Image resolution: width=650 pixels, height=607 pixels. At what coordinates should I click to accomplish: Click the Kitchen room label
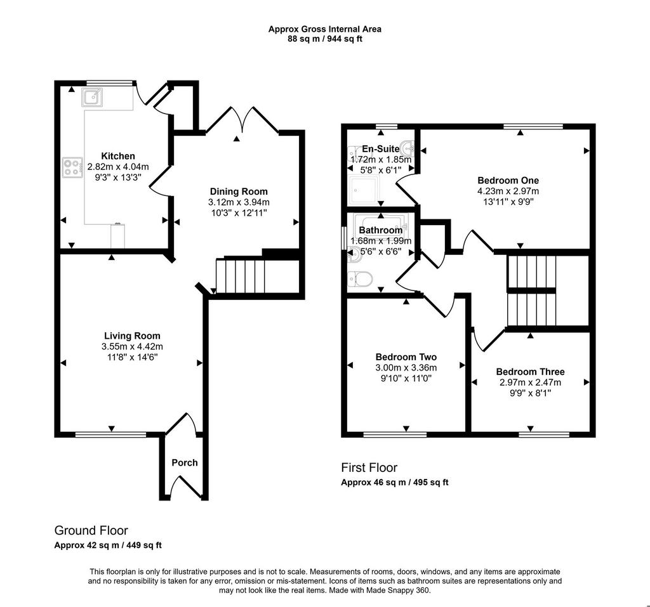tap(118, 156)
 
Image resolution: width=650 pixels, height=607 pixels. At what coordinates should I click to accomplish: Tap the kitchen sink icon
tap(92, 98)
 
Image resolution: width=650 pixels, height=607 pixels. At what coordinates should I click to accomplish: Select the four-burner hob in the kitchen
tap(72, 167)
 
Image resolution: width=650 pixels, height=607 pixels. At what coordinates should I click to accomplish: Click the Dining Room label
tap(239, 192)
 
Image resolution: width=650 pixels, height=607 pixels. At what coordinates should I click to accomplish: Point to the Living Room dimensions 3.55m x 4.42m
tap(132, 346)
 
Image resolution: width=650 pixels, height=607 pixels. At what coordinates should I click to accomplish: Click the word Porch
tap(185, 462)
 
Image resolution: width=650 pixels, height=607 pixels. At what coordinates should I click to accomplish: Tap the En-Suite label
tap(381, 149)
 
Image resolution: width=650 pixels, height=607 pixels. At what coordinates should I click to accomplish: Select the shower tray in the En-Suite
tap(364, 190)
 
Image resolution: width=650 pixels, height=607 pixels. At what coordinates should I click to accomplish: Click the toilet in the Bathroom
tap(360, 278)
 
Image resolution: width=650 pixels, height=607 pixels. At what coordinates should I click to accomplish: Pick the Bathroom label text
tap(381, 230)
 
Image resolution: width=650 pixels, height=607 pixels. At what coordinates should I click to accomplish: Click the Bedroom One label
tap(508, 180)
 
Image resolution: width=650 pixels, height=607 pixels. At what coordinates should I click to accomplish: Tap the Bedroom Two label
tap(406, 356)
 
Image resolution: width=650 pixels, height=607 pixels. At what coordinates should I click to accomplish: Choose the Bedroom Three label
tap(530, 372)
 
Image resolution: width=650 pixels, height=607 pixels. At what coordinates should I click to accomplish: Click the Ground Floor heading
tap(91, 530)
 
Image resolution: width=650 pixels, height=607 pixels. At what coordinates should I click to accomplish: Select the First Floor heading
tap(369, 468)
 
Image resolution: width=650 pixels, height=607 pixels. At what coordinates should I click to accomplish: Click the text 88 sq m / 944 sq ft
tap(325, 39)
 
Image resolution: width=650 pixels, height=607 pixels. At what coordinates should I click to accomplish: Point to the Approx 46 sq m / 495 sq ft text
tap(395, 482)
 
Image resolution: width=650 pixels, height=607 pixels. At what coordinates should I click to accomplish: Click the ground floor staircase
tap(241, 275)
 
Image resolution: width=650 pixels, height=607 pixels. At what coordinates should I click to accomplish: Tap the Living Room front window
tap(110, 434)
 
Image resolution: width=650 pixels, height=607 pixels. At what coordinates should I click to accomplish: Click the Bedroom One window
tap(533, 126)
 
